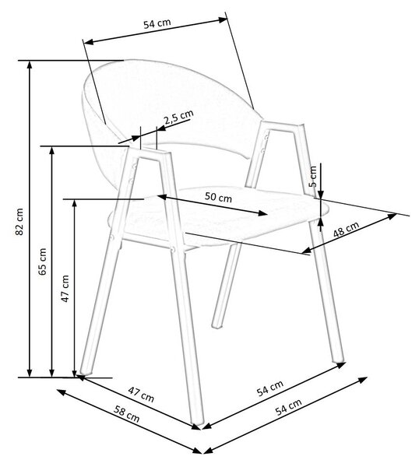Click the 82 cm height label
[19, 221]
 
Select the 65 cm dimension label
[42, 262]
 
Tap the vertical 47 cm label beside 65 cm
[65, 288]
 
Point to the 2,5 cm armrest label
[179, 117]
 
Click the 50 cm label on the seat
[218, 197]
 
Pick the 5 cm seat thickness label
[313, 177]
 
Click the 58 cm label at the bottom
[127, 414]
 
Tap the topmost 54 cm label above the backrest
[157, 23]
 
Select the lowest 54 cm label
[288, 407]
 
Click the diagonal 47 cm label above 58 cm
[141, 395]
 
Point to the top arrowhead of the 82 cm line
[29, 65]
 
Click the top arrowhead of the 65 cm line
[52, 150]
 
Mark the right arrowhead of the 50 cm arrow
[262, 212]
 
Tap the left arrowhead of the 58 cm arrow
[61, 392]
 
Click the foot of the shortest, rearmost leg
[217, 325]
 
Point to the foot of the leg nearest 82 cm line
[86, 371]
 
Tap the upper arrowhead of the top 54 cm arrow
[223, 20]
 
